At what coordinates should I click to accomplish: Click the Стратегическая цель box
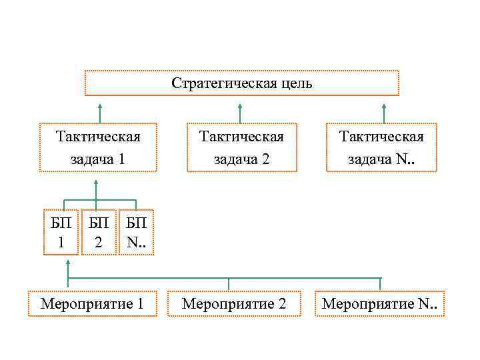click(x=241, y=83)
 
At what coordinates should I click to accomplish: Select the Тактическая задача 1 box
click(x=98, y=148)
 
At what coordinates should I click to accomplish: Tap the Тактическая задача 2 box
click(x=241, y=148)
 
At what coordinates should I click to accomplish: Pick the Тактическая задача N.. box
click(x=381, y=148)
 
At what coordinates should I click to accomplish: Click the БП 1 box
click(x=61, y=233)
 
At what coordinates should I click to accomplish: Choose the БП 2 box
click(x=98, y=233)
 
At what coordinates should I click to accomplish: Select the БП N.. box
click(x=136, y=233)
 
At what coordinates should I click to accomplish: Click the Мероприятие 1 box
click(x=93, y=304)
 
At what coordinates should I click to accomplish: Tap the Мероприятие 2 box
click(x=233, y=304)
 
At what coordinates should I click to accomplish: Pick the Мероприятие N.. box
click(x=380, y=304)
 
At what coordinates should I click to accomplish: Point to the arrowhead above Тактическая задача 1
click(x=99, y=105)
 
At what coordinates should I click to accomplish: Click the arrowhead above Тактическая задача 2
click(x=240, y=105)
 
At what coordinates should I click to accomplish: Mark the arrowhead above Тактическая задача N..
click(x=383, y=105)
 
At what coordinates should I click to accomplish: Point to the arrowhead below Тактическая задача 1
click(x=96, y=181)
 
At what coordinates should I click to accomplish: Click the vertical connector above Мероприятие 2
click(x=229, y=285)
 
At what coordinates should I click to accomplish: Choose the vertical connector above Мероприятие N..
click(x=380, y=285)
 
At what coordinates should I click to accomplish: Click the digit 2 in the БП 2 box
click(x=98, y=243)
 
